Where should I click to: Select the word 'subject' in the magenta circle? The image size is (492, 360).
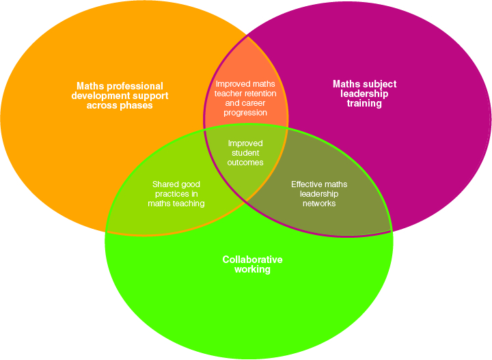point(379,84)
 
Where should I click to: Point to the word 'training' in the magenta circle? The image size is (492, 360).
point(364,104)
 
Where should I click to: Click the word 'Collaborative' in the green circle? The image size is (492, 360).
point(252,260)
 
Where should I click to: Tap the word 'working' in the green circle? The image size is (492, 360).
point(252,269)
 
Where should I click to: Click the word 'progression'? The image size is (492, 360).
point(245,113)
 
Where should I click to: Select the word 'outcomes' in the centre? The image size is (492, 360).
point(245,163)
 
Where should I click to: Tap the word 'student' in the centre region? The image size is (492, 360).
point(245,153)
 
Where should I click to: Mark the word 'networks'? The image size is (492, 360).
point(319,204)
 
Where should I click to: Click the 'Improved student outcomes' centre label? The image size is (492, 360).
point(245,153)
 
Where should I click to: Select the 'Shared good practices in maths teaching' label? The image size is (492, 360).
point(176,194)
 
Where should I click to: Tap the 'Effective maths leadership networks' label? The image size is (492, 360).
point(319,194)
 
